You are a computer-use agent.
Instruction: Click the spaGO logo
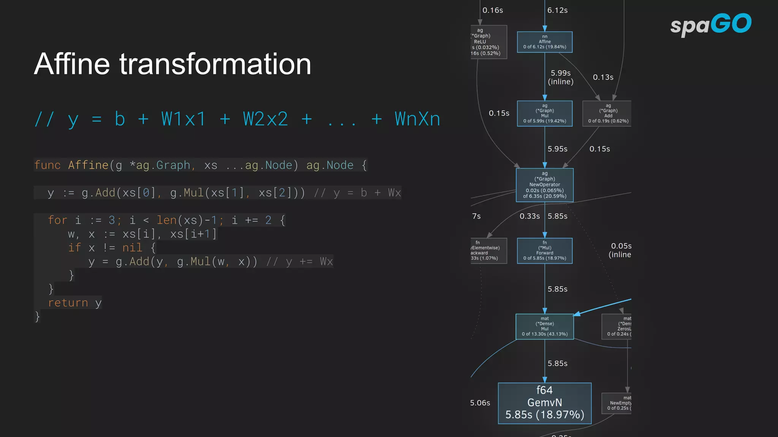[710, 24]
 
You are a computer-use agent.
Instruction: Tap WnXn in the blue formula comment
[417, 119]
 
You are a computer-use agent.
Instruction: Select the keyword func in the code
[47, 165]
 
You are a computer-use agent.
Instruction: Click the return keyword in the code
[68, 303]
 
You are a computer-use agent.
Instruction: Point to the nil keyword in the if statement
[132, 248]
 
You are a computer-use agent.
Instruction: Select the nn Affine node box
[544, 42]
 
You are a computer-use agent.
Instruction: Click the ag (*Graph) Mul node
[544, 113]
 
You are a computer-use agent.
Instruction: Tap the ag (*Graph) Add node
[607, 113]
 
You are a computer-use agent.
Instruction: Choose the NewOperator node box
[544, 185]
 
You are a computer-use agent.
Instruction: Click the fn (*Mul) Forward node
[544, 250]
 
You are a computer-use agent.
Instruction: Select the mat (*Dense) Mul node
[544, 326]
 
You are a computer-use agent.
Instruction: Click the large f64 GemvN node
[544, 403]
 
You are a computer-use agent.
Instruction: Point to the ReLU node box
[488, 42]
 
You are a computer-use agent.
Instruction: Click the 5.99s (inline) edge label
[561, 77]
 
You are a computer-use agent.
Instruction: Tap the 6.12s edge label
[557, 10]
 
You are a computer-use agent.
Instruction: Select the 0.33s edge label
[530, 216]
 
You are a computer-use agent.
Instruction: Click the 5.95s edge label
[557, 149]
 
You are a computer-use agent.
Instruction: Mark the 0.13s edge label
[603, 77]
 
